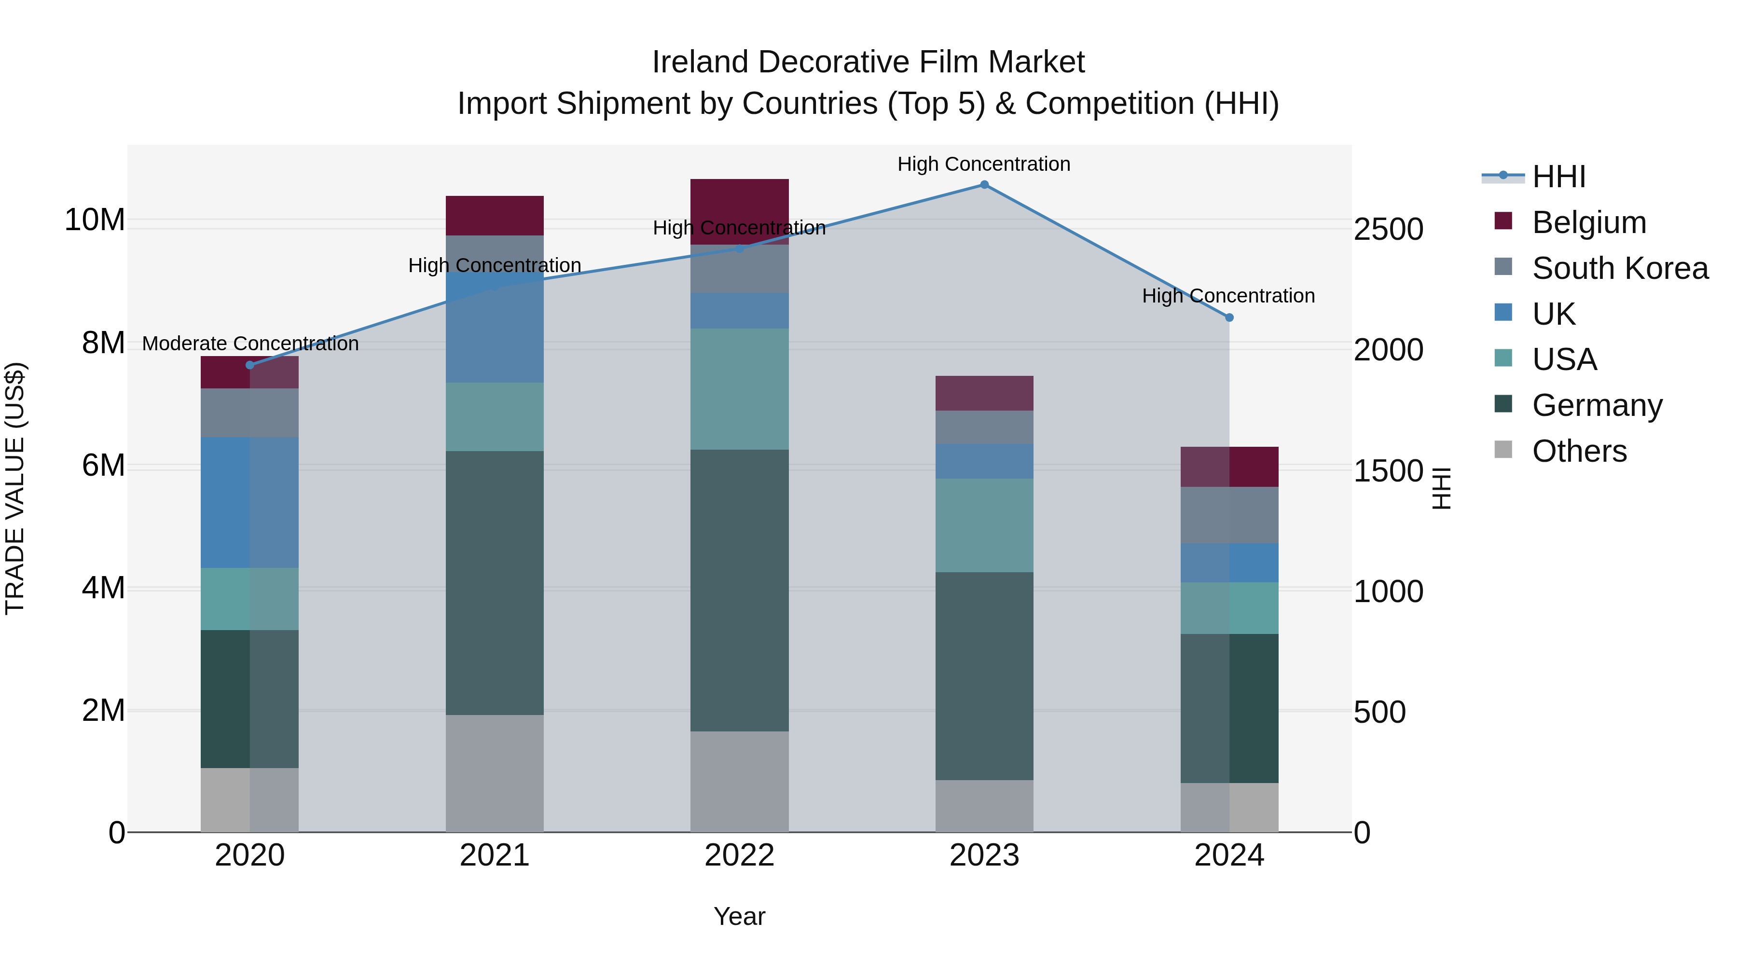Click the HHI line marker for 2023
point(984,185)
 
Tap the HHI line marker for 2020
point(250,365)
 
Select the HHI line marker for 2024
point(1228,317)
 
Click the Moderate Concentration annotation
point(250,344)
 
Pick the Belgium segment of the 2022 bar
point(739,211)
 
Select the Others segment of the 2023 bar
point(984,806)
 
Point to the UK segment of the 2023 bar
point(984,461)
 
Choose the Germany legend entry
point(1596,405)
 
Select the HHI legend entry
point(1558,177)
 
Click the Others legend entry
point(1579,451)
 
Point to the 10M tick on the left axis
point(95,220)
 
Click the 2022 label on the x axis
point(739,855)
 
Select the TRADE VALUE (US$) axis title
point(15,488)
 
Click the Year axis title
point(739,916)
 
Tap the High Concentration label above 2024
point(1228,296)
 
